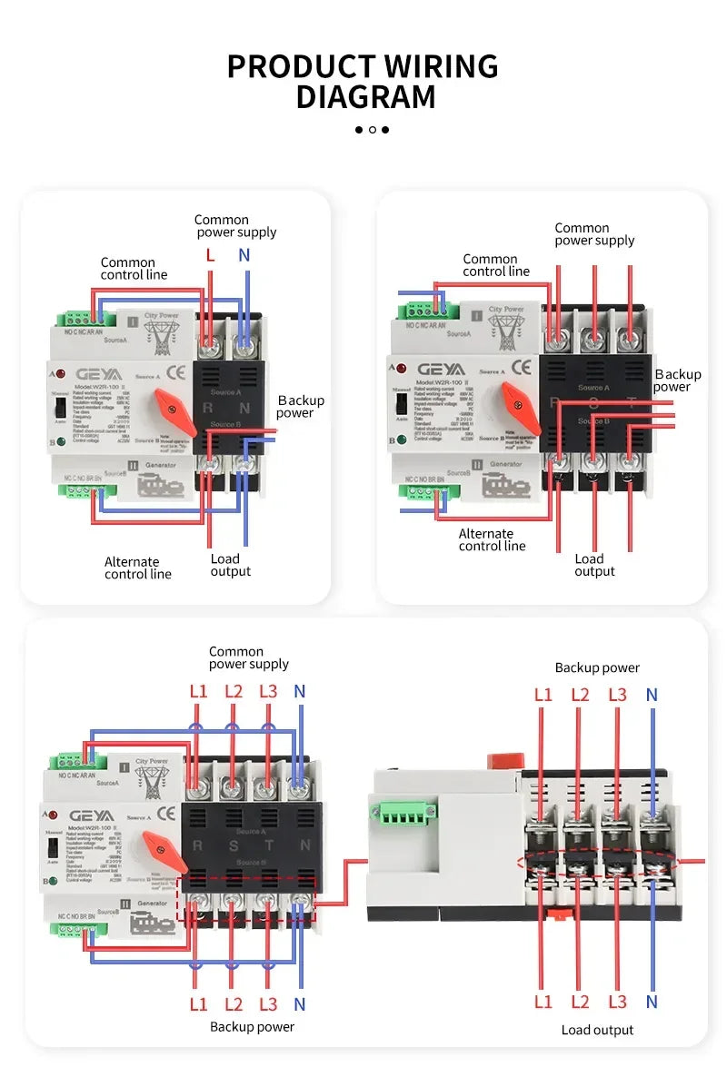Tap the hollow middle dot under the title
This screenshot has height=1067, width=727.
pos(372,130)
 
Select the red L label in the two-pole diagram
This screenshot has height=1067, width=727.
pos(210,255)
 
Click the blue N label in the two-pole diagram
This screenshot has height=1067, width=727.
pos(244,255)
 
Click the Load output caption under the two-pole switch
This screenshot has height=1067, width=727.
pos(230,565)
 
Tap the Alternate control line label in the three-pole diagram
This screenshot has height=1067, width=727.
pos(492,539)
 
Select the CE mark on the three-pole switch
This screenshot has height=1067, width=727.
pos(522,368)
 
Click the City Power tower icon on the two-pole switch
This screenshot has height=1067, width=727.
pos(161,338)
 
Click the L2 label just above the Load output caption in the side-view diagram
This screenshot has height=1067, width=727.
pos(580,1002)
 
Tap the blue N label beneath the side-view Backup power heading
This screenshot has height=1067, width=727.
pos(652,696)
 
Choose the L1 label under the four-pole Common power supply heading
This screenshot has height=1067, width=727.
pos(198,691)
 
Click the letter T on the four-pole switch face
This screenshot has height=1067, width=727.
pos(269,845)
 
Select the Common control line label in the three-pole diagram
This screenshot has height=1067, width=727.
pos(495,265)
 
